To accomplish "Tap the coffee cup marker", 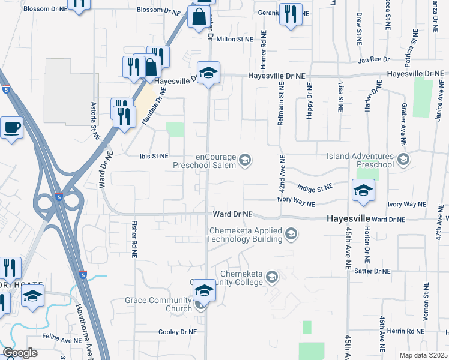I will [11, 128].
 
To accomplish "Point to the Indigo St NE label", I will [315, 188].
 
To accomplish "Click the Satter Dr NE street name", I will [373, 271].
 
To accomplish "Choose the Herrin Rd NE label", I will [406, 331].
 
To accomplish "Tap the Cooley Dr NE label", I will [177, 332].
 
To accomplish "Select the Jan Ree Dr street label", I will [374, 60].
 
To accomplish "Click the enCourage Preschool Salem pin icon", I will [244, 160].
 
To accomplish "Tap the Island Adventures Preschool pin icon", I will [403, 160].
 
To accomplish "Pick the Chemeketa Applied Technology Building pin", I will [291, 234].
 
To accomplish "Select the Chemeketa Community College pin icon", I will [272, 277].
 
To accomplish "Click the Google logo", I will [20, 353].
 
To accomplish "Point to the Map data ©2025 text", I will [423, 355].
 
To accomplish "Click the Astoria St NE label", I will [94, 121].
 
